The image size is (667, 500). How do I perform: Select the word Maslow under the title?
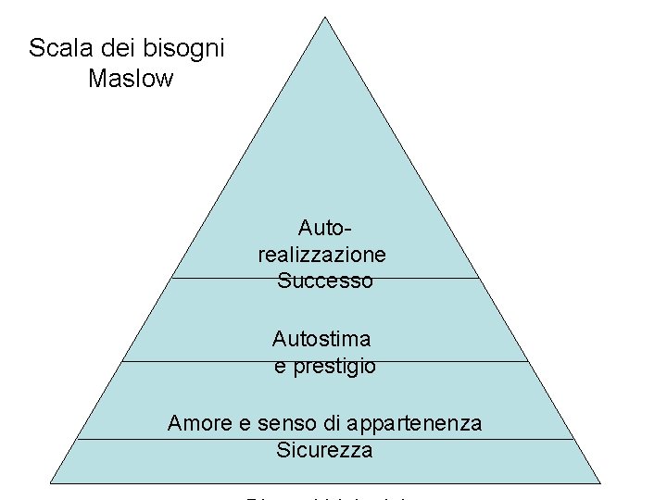131,79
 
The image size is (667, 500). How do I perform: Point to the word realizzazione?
322,254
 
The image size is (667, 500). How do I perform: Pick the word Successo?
324,281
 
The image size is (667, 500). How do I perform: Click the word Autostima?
321,340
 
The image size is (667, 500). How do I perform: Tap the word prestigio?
334,367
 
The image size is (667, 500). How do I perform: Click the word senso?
285,423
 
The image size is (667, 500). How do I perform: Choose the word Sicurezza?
324,451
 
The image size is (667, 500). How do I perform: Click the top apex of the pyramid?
325,17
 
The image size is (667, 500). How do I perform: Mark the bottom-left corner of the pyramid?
50,482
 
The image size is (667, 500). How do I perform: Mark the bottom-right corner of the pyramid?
599,482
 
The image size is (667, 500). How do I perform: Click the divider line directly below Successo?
417,278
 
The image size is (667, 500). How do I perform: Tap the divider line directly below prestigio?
445,361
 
